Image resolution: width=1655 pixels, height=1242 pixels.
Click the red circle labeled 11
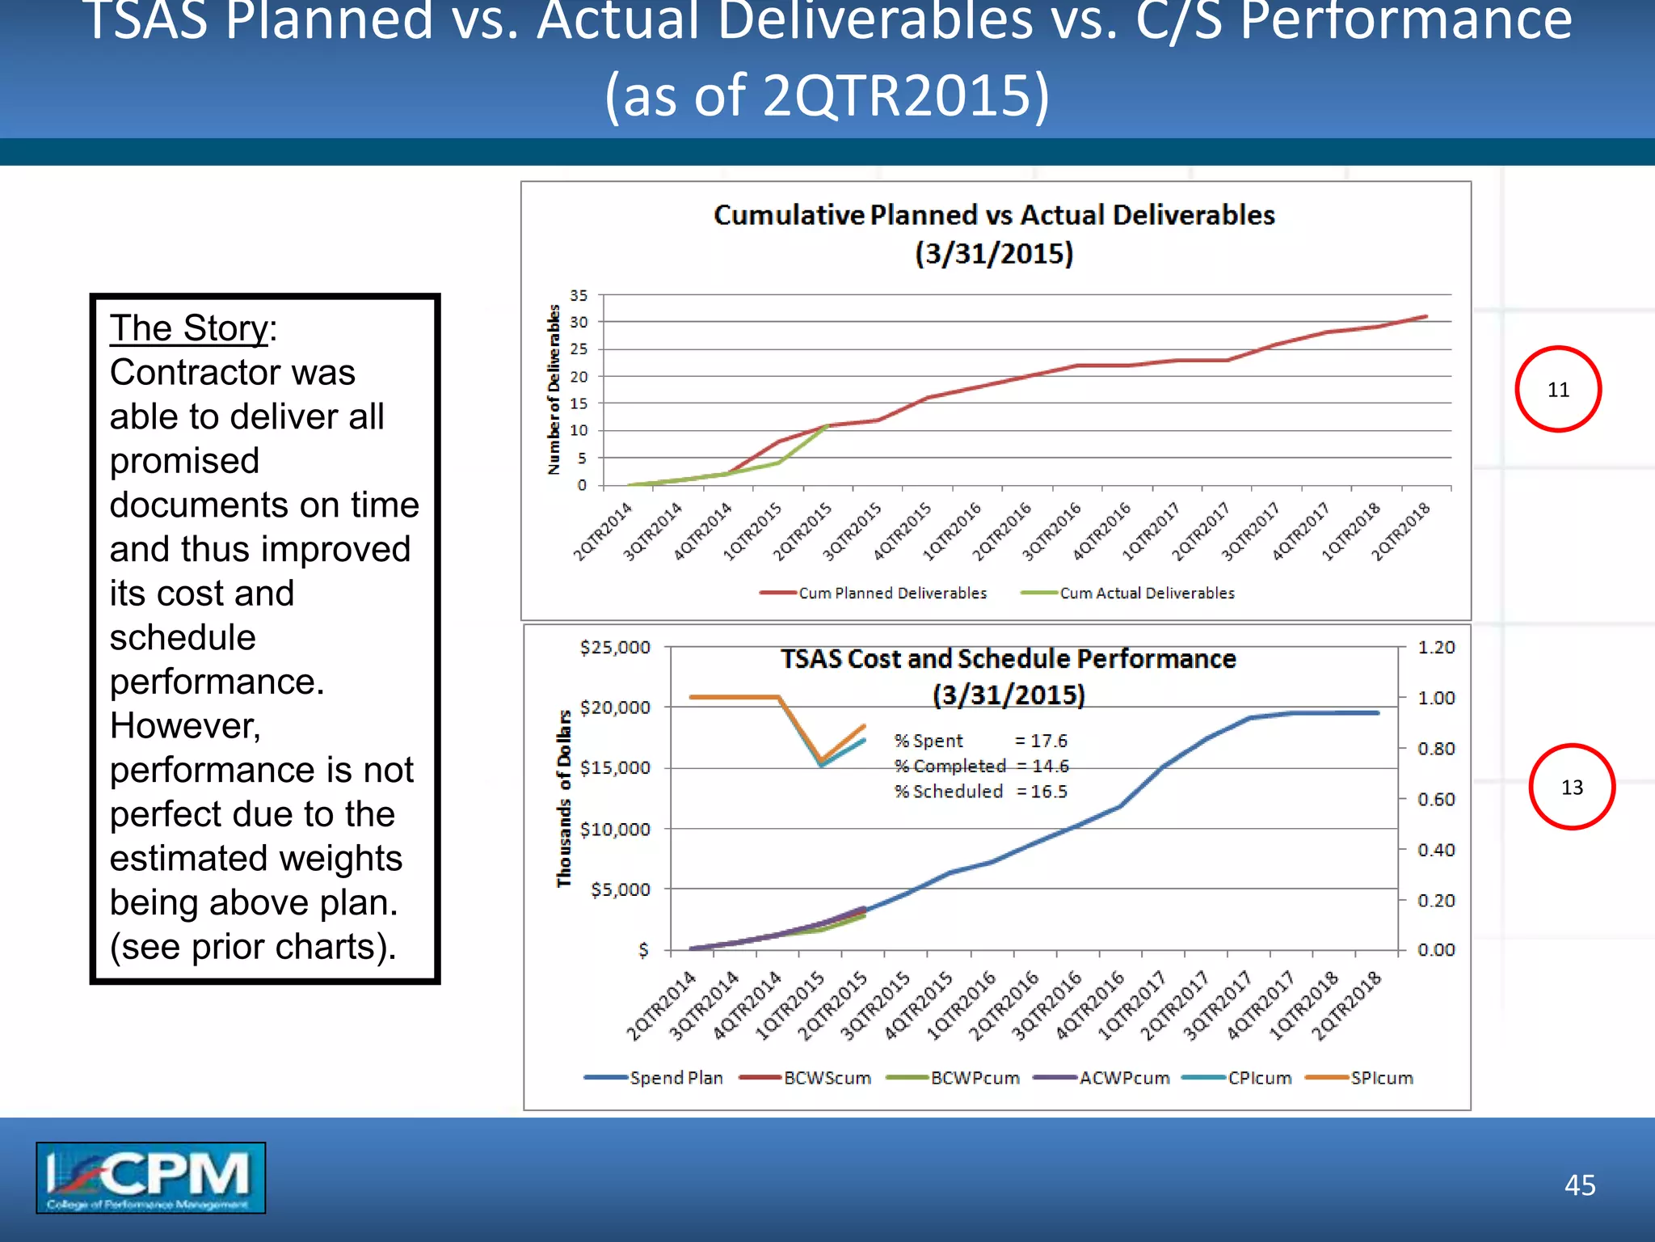click(x=1557, y=389)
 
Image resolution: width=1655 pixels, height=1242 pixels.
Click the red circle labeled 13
click(x=1571, y=787)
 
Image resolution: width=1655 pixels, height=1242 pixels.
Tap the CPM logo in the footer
click(x=150, y=1177)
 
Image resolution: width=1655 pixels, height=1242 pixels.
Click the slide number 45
click(x=1579, y=1185)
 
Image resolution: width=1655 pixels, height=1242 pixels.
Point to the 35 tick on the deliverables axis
click(x=579, y=295)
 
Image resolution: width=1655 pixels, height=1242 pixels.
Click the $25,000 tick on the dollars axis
click(x=615, y=647)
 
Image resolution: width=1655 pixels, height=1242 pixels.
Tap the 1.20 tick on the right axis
click(x=1436, y=647)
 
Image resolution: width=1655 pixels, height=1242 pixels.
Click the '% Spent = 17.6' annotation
click(x=980, y=741)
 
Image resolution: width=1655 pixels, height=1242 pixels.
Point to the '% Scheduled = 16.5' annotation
click(x=980, y=792)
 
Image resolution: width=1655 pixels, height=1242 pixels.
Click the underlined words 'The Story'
click(x=188, y=328)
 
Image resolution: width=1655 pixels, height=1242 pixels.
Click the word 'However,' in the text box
click(x=185, y=725)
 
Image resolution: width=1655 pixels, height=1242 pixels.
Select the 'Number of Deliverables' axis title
click(x=554, y=389)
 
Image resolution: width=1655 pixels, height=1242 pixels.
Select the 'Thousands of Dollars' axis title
click(x=563, y=798)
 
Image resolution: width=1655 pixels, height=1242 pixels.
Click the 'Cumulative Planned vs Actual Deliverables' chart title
click(x=994, y=215)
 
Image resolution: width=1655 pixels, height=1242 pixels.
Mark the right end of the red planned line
click(x=1426, y=316)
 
